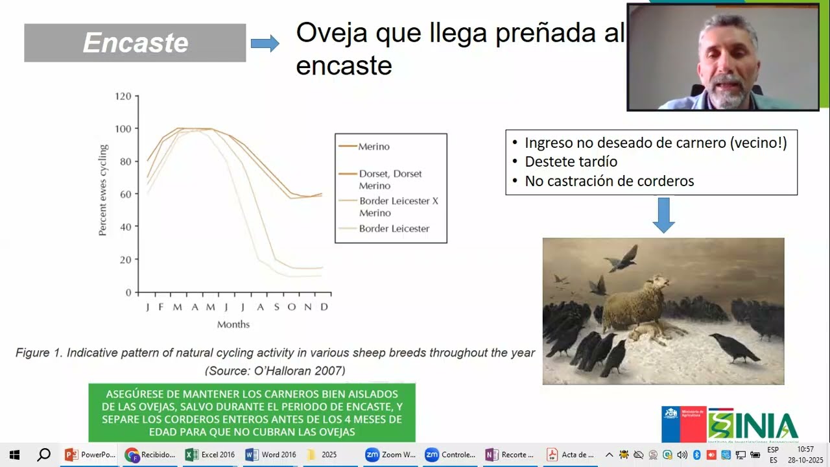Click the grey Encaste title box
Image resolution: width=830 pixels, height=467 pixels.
click(x=135, y=43)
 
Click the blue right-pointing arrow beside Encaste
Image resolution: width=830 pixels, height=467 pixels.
click(x=265, y=43)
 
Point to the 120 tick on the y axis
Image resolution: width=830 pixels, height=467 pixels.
click(x=124, y=97)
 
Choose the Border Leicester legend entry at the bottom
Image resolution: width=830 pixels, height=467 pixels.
click(x=394, y=228)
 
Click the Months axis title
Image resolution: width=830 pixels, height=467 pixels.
click(x=233, y=324)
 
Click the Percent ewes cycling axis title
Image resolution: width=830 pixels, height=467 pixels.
click(x=102, y=190)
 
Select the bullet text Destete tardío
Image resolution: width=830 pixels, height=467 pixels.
click(x=571, y=162)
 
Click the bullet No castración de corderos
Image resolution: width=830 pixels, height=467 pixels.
click(x=609, y=182)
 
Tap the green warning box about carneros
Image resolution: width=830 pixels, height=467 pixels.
click(x=252, y=413)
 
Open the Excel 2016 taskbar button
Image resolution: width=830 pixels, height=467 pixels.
click(x=210, y=455)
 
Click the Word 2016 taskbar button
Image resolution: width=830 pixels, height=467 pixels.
click(x=270, y=455)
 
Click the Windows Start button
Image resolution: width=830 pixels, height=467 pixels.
click(x=14, y=455)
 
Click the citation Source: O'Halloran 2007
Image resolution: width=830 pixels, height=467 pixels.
click(x=275, y=371)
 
